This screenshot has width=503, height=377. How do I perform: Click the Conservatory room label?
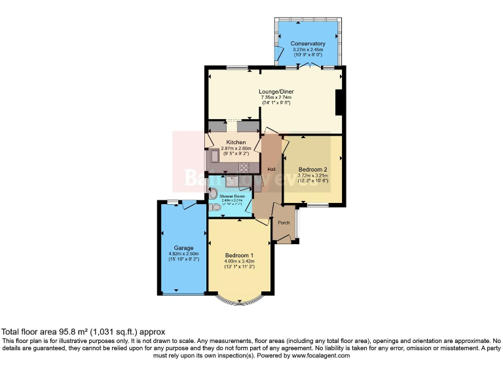pyautogui.click(x=308, y=44)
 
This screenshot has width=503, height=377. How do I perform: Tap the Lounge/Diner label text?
pyautogui.click(x=275, y=92)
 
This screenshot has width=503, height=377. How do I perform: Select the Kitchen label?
pyautogui.click(x=236, y=142)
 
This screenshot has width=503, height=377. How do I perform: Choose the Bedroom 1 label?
pyautogui.click(x=238, y=255)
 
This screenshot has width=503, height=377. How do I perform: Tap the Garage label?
pyautogui.click(x=183, y=248)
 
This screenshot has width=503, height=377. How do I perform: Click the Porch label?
pyautogui.click(x=284, y=223)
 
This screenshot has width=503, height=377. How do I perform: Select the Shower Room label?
pyautogui.click(x=232, y=196)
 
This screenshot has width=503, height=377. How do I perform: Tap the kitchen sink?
pyautogui.click(x=214, y=158)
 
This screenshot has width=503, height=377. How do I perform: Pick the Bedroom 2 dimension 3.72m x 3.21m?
pyautogui.click(x=312, y=175)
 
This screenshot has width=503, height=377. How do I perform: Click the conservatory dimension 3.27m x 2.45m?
pyautogui.click(x=308, y=50)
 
